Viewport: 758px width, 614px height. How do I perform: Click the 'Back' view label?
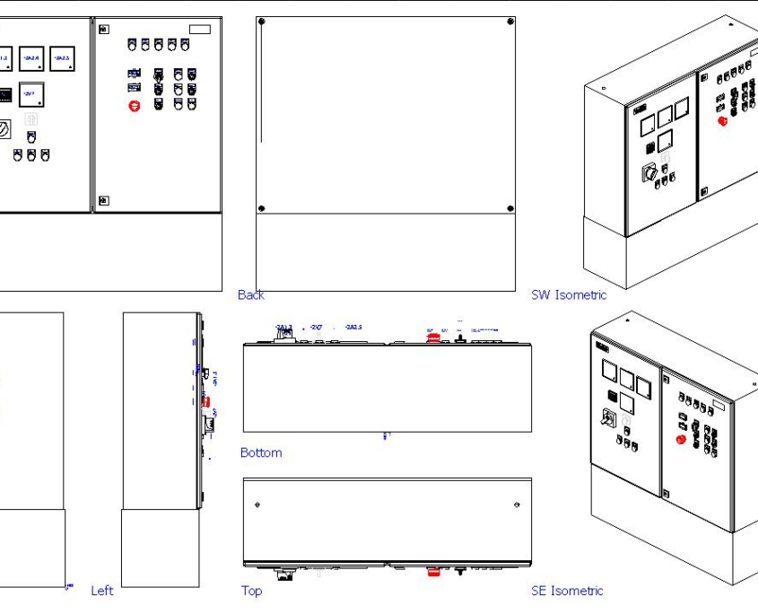[x=251, y=294]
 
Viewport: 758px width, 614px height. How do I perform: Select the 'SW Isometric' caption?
[x=569, y=294]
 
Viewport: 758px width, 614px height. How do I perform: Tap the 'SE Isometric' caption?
[x=567, y=591]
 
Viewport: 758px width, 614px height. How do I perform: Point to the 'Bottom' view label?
[x=261, y=452]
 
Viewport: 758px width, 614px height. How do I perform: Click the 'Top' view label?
[x=251, y=591]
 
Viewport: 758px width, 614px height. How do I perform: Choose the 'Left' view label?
[x=102, y=591]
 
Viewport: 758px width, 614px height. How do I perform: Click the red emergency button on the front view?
[x=135, y=106]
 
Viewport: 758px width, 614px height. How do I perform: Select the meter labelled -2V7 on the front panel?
[x=31, y=93]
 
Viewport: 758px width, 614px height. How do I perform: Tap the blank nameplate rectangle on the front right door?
[x=200, y=30]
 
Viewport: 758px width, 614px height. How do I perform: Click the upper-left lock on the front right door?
[x=103, y=31]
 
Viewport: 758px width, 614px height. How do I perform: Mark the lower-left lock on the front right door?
[x=103, y=199]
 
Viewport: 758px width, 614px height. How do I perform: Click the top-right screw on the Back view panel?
[x=510, y=21]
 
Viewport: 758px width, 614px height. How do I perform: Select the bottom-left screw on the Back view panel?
[x=261, y=208]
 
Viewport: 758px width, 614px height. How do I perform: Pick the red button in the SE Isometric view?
[x=679, y=440]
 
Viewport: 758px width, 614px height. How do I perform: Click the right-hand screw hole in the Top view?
[x=517, y=505]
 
